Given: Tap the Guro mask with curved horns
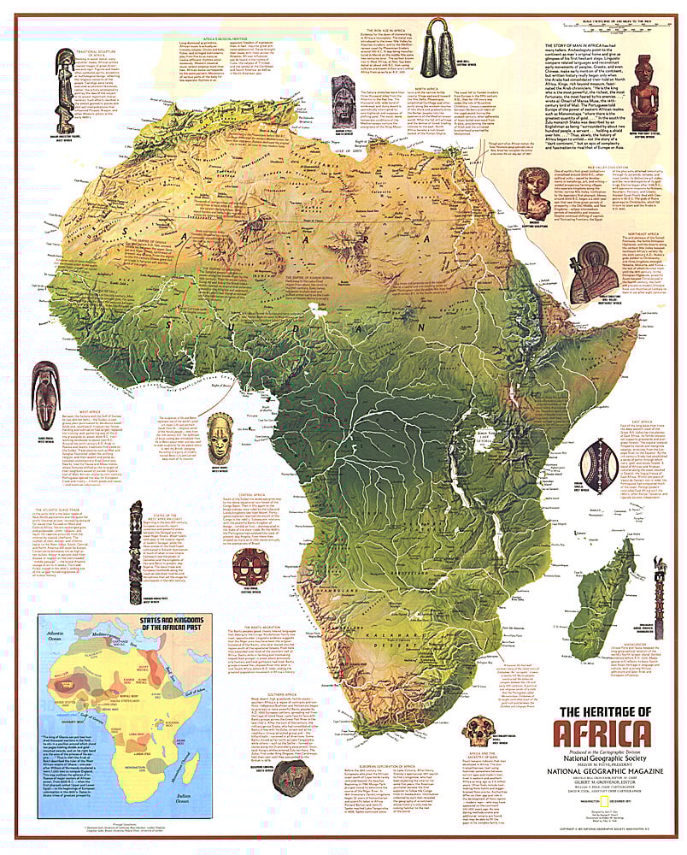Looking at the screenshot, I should pos(45,390).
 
